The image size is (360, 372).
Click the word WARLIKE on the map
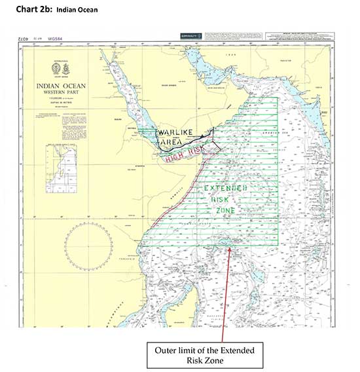click(175, 132)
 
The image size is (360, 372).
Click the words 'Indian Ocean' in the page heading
click(77, 9)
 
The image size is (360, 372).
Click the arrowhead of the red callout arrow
click(226, 248)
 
